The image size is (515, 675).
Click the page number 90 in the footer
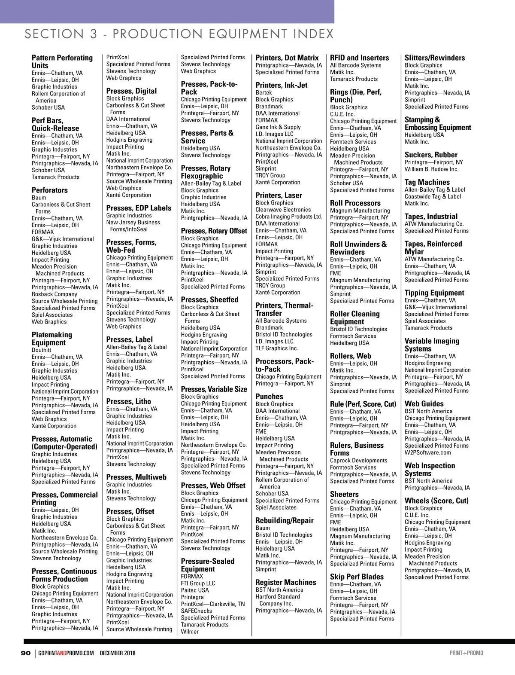pos(26,653)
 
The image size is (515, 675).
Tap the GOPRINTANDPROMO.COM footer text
pos(66,653)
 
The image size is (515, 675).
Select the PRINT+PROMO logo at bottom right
pos(466,653)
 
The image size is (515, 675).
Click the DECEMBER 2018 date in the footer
pos(118,653)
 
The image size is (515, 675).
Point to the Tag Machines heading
pos(427,182)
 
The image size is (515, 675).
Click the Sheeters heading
pos(344,494)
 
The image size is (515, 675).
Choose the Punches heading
pos(269,397)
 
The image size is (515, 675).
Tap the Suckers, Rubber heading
pos(431,155)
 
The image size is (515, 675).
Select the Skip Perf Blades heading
pos(357,577)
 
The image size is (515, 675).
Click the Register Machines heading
pos(285,582)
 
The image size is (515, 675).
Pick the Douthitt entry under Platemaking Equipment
pos(42,350)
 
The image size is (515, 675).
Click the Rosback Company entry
pos(55,294)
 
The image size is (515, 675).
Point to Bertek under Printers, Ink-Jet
pos(264,93)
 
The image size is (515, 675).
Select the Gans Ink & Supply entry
pos(278,127)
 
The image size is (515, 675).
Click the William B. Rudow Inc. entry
pos(431,169)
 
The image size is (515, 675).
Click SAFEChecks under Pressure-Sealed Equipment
pos(196,611)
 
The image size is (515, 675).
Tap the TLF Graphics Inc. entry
pos(276,348)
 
